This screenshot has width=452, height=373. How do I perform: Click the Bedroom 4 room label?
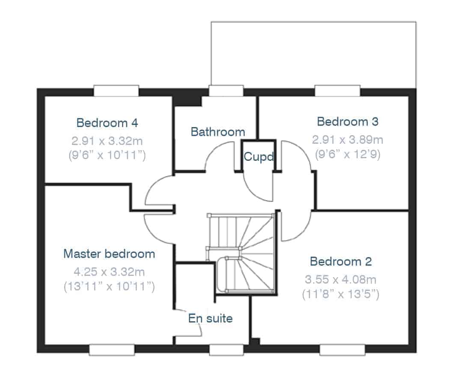[x=107, y=123]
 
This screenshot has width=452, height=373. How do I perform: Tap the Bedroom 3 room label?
[x=348, y=121]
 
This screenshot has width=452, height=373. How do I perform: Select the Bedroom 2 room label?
[x=341, y=261]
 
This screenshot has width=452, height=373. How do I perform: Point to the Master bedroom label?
[x=109, y=254]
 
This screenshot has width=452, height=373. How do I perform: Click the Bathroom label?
[x=218, y=132]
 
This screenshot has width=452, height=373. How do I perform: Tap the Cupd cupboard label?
[x=259, y=157]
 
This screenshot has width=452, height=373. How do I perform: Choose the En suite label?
[x=211, y=318]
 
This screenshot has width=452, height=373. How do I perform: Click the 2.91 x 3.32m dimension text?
[x=107, y=141]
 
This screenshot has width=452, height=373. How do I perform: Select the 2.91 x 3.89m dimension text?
[x=348, y=140]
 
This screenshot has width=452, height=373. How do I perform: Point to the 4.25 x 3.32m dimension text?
[x=109, y=272]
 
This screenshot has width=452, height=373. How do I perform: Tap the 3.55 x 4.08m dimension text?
[x=341, y=279]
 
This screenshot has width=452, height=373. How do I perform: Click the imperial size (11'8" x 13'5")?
[x=341, y=294]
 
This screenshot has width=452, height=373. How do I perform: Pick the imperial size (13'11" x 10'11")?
[x=109, y=286]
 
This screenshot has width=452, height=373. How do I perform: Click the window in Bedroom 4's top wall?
[x=116, y=91]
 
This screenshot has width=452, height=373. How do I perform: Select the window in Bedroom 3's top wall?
[x=337, y=91]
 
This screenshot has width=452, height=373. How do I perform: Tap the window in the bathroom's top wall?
[x=226, y=91]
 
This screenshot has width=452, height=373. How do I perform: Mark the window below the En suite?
[x=226, y=349]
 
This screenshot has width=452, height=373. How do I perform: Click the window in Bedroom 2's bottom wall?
[x=342, y=349]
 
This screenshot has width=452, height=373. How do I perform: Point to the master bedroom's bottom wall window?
[x=112, y=349]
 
